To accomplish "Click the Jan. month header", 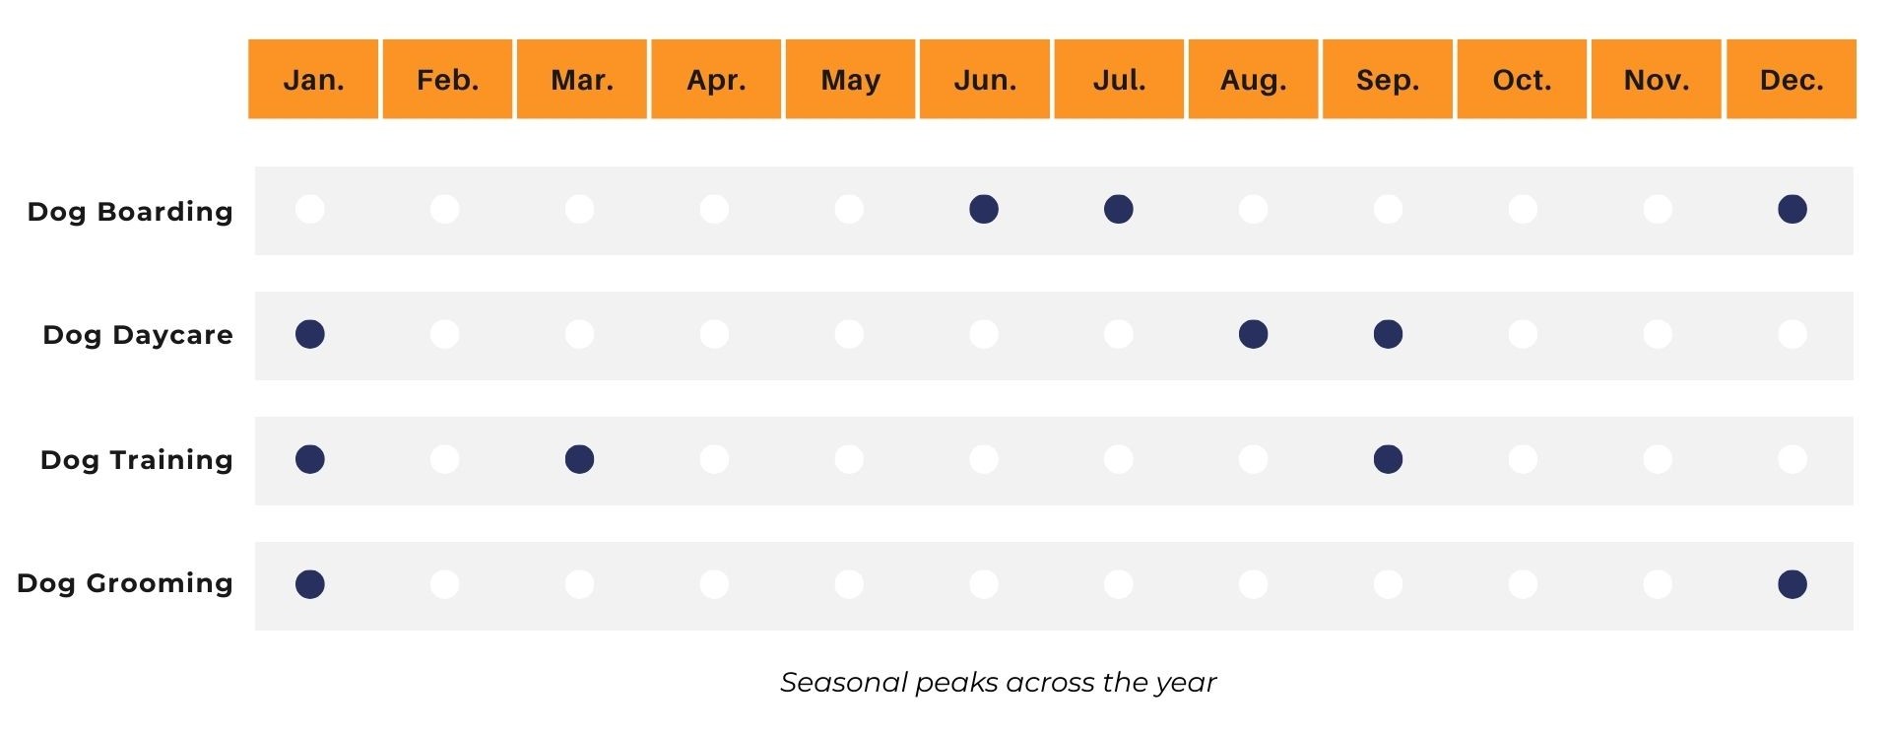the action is click(313, 79).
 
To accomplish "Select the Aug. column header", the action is click(1253, 79).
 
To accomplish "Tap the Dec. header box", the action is click(1792, 79).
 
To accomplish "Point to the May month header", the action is click(850, 79).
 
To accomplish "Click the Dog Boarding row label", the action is click(130, 212).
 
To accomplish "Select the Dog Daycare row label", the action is click(138, 336).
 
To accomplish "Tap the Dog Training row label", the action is click(137, 460).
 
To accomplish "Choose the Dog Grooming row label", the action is click(125, 584).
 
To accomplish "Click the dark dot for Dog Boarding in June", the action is click(984, 209).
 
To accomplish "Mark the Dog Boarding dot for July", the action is click(1119, 209).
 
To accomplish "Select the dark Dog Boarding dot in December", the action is click(1793, 209).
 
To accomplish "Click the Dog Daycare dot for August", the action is click(1254, 334).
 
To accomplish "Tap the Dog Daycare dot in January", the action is click(310, 334).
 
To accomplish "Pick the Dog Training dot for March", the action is click(580, 459).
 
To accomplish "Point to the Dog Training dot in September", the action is click(1389, 459).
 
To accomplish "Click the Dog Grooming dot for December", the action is click(1793, 584).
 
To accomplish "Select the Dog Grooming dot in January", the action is click(310, 584).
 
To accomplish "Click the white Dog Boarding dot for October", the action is click(1523, 209).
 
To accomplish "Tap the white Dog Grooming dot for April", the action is click(714, 584).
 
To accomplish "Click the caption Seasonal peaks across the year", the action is click(999, 683).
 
